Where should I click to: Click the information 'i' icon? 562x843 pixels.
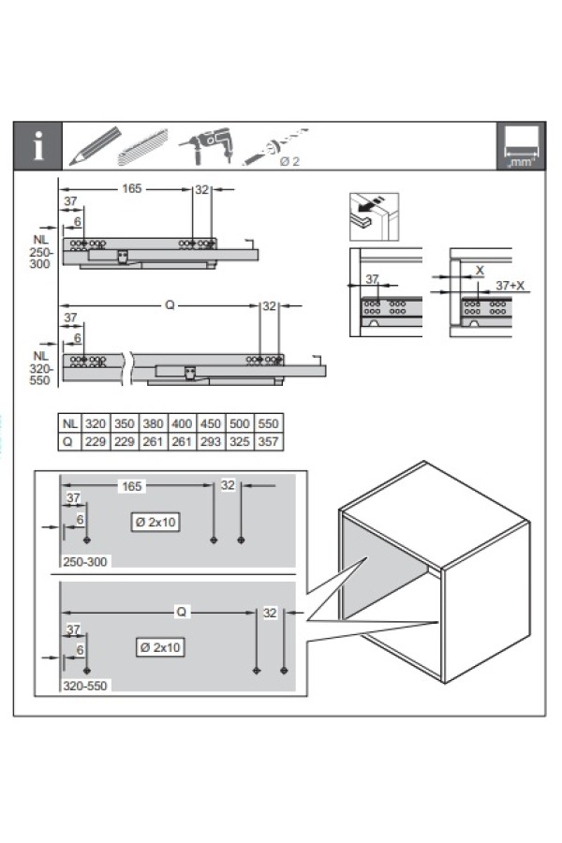point(37,147)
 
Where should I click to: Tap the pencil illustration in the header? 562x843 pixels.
point(93,146)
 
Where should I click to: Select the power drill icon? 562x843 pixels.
point(200,146)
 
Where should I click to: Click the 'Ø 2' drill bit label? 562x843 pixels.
point(289,161)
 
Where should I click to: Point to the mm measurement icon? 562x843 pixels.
point(520,147)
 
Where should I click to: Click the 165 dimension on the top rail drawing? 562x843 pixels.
point(131,188)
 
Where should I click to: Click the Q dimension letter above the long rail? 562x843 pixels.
point(170,305)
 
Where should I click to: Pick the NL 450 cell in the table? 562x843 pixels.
point(211,423)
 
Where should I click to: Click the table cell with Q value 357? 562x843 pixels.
point(268,440)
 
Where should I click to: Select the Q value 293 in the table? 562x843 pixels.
point(211,440)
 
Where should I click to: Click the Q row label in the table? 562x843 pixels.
point(67,440)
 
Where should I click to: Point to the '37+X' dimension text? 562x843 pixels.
point(510,285)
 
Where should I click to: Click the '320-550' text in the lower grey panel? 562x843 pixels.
point(86,686)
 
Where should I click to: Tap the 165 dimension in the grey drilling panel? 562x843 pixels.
point(132,486)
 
